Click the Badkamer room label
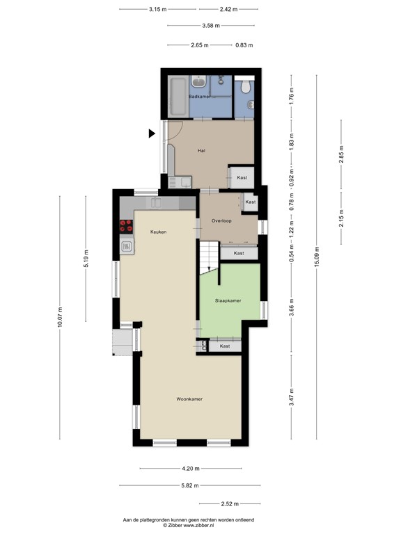tap(199, 96)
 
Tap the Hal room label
tap(201, 150)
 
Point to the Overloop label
tap(221, 220)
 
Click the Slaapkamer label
tap(228, 300)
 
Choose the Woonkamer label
tap(189, 399)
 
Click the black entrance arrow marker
tap(152, 133)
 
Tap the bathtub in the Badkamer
tap(177, 97)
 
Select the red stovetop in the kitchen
tap(127, 225)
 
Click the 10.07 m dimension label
tap(60, 317)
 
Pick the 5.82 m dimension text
tap(189, 485)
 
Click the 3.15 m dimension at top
tap(158, 10)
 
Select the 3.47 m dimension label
tap(292, 396)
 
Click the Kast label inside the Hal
tap(242, 178)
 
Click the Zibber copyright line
tap(188, 525)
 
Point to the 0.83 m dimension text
tap(244, 45)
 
